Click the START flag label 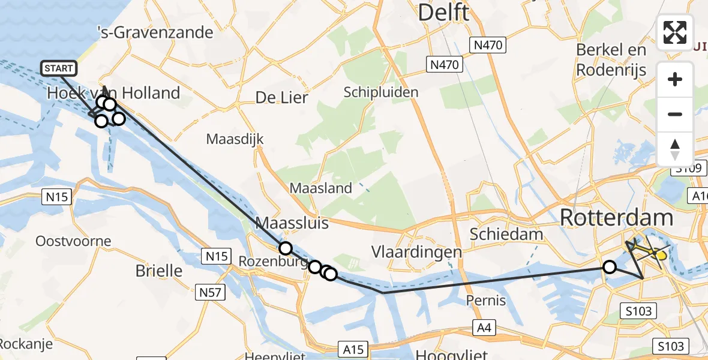pos(59,68)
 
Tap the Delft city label pos(443,12)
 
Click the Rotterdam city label pos(616,218)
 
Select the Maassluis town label pos(292,223)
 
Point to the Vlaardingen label pos(417,251)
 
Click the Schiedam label pos(506,234)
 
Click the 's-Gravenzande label pos(155,32)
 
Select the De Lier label pos(281,97)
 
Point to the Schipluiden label pos(381,92)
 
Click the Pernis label pos(486,300)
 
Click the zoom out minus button pos(675,114)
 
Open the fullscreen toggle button pos(675,32)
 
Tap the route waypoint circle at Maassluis pos(285,248)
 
